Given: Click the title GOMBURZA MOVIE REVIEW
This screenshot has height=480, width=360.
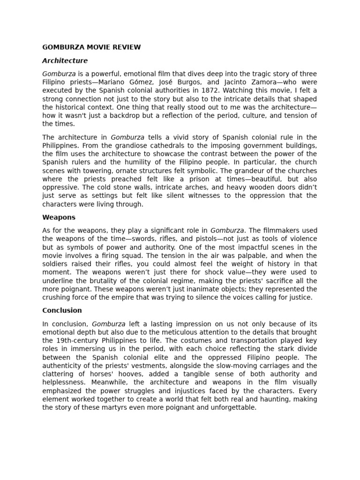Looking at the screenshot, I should pos(91,47).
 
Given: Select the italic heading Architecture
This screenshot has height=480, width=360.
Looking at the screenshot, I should pos(65,60).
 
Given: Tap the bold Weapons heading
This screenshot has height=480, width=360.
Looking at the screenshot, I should pos(59,217).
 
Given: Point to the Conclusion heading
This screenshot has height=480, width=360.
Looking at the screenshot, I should pos(62,310).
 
